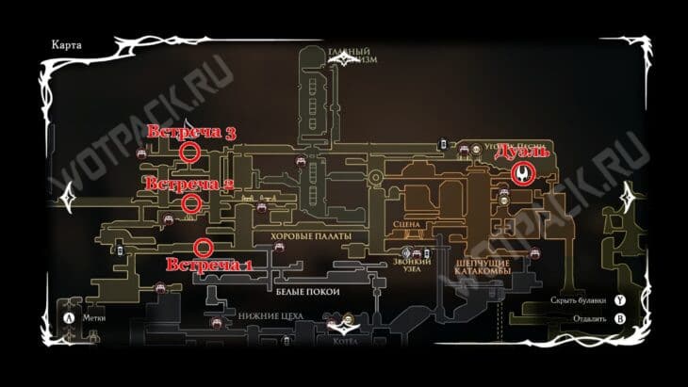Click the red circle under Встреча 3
coord(189,152)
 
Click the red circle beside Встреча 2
coord(190,202)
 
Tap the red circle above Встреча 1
coord(202,248)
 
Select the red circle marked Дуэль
coord(523,173)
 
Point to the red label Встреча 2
coord(189,184)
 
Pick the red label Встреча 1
coord(210,265)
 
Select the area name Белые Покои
coord(306,292)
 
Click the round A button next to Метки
coord(69,318)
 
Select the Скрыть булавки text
coord(579,300)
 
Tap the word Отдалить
coord(588,318)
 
